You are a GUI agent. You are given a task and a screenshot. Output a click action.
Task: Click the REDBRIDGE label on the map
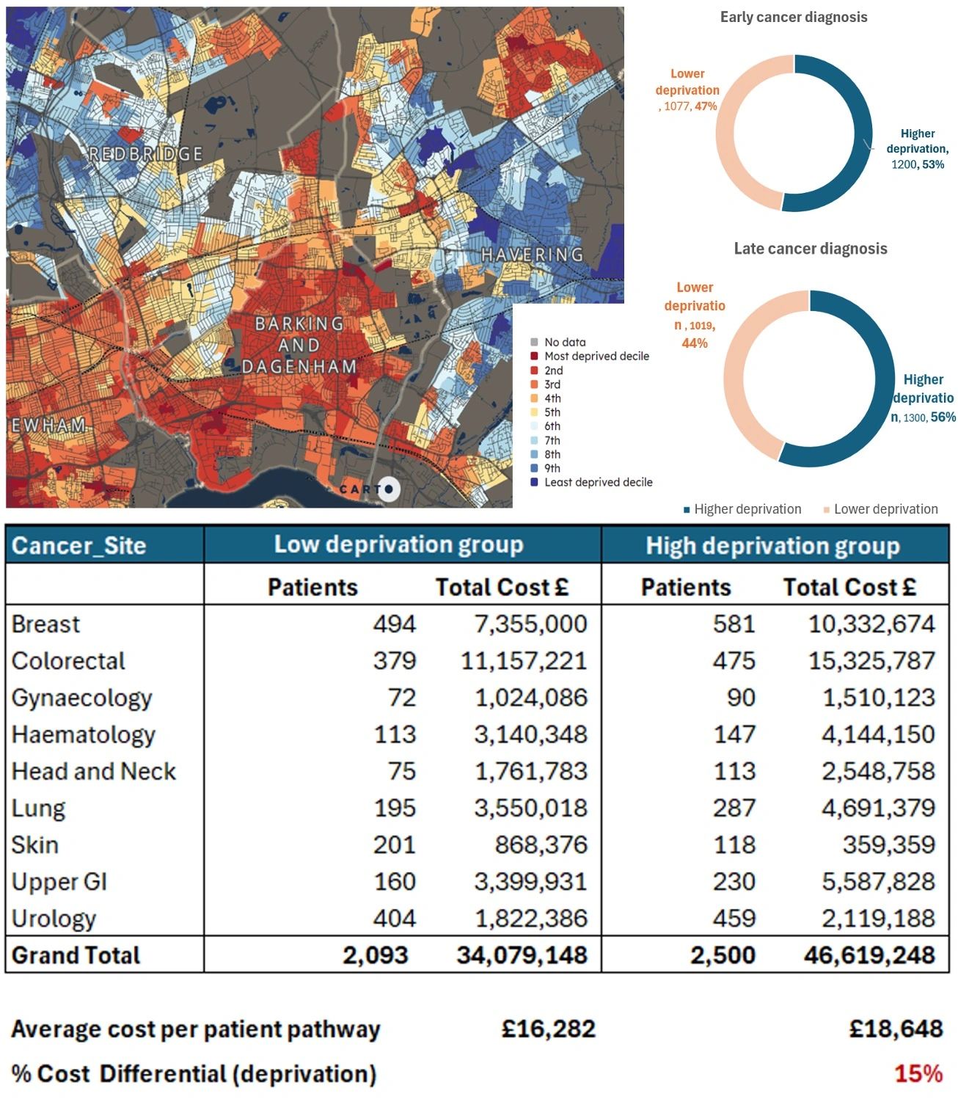145,154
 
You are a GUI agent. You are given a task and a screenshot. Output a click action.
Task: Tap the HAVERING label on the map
532,255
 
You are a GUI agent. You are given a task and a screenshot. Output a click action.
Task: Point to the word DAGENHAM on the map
299,366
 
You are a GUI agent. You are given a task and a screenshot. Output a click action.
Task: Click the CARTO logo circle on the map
389,489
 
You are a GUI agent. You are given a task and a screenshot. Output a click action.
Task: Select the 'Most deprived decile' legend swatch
534,357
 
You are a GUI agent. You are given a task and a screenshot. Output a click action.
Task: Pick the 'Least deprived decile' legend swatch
534,483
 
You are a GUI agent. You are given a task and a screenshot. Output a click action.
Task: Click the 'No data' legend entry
564,342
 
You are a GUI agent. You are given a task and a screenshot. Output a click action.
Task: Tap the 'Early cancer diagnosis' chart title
793,17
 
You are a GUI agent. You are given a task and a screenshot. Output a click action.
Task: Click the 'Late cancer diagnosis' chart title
810,249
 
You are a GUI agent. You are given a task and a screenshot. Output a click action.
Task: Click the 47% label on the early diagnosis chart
706,106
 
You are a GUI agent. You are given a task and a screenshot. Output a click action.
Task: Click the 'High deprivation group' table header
772,546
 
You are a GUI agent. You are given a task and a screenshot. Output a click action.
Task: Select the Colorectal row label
68,661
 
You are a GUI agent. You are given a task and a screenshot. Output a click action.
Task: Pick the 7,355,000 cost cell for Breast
530,624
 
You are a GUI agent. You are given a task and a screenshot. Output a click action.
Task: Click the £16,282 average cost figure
548,1029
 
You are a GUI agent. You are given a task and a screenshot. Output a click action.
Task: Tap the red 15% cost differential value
918,1074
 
